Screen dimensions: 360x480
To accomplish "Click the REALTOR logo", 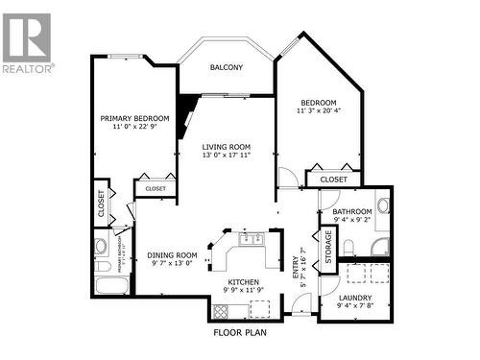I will click(x=27, y=42).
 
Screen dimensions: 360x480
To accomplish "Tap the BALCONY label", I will click(x=227, y=67).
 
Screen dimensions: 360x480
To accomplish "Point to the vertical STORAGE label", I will click(x=328, y=246).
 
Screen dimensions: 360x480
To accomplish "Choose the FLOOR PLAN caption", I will click(x=240, y=334).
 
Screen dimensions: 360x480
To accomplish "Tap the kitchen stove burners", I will click(x=222, y=310).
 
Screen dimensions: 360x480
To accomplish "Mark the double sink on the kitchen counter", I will click(x=253, y=236).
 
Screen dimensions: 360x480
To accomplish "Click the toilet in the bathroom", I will click(x=352, y=249).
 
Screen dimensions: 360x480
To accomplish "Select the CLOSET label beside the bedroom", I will click(x=333, y=179).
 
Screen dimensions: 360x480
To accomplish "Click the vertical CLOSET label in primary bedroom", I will click(x=102, y=204).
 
